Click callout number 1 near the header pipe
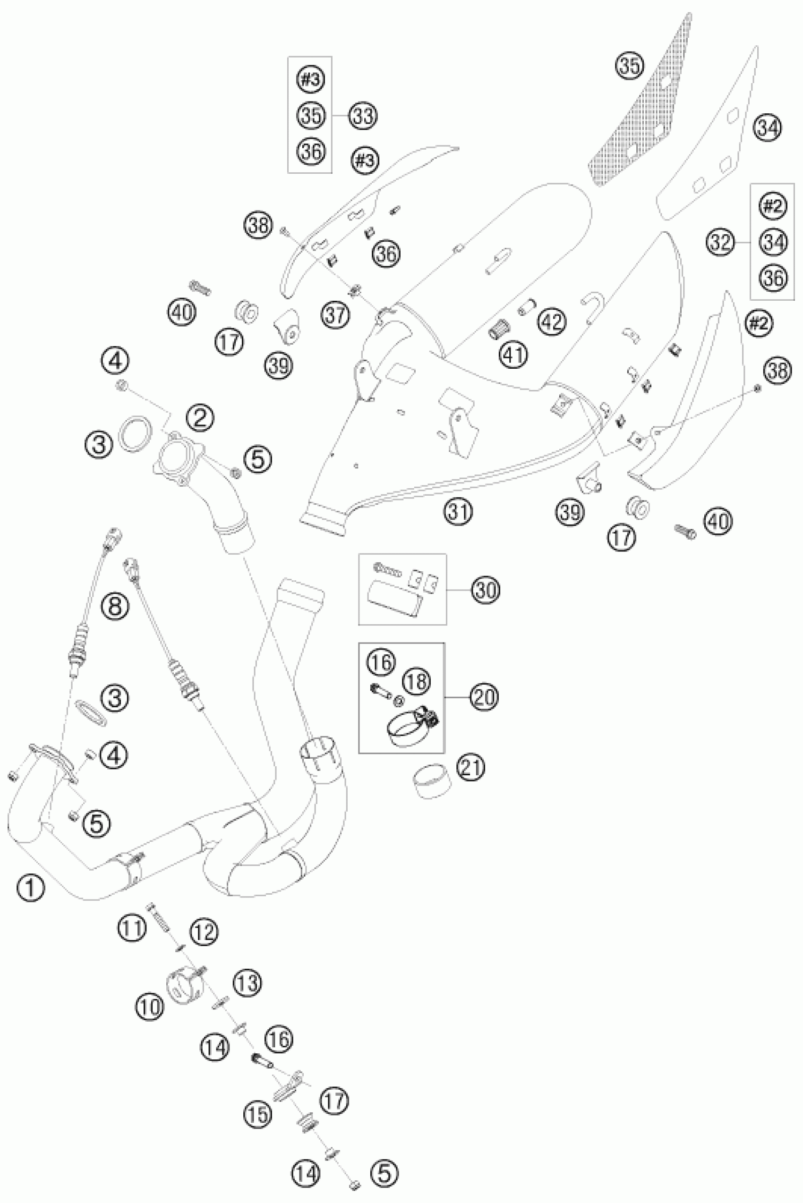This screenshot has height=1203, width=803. tap(30, 887)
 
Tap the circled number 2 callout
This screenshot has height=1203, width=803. tap(200, 419)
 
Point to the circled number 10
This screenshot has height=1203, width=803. tap(149, 1008)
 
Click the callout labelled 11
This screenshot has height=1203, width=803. tap(133, 928)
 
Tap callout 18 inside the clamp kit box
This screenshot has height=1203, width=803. tap(417, 681)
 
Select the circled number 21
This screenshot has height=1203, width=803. tap(470, 768)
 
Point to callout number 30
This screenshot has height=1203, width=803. tap(486, 590)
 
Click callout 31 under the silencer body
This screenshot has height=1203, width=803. tap(458, 511)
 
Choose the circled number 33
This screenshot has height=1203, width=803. tap(363, 116)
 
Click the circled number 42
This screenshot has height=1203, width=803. tap(552, 322)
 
